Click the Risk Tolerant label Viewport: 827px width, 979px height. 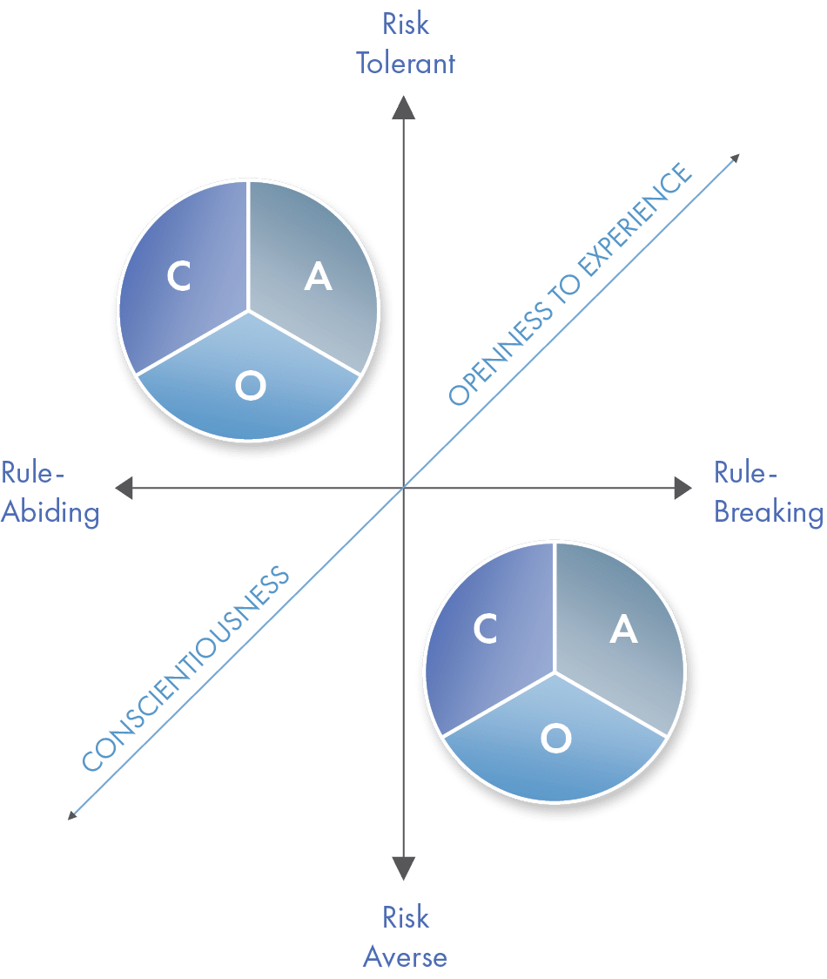405,44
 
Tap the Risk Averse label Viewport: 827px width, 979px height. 405,937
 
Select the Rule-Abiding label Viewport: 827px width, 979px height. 50,493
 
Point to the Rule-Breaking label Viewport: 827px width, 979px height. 768,493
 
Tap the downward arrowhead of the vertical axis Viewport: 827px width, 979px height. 404,868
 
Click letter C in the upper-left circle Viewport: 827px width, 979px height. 178,277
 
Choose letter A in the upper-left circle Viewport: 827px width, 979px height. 318,277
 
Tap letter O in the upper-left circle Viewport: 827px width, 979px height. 250,387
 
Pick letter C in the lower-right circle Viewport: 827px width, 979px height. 485,630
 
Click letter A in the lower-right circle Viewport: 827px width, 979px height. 623,630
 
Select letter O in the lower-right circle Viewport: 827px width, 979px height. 555,739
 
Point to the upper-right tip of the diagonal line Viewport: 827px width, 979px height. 737,158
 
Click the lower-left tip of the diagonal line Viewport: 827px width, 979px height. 73,816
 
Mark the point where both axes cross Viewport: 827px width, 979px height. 404,489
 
